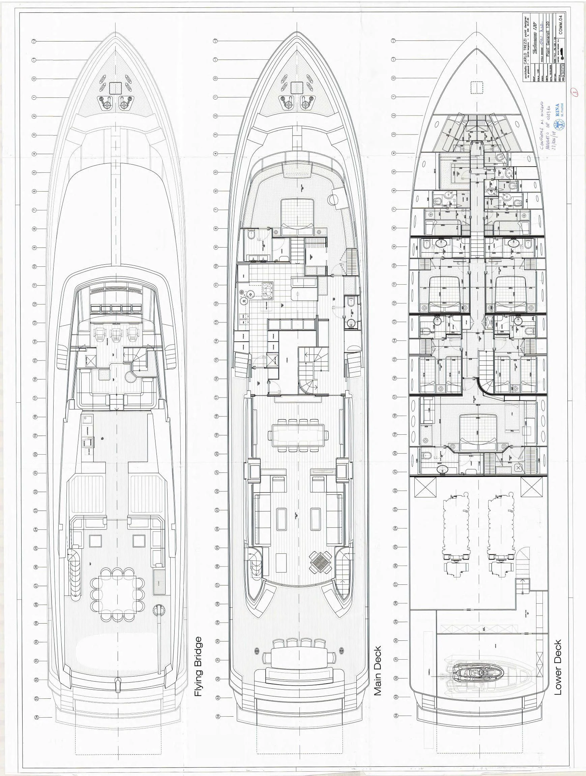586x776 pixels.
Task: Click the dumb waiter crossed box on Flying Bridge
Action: (x=89, y=360)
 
